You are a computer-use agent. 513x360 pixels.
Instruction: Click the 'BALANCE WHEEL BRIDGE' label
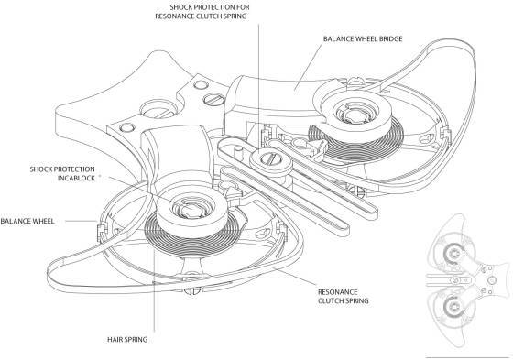(363, 39)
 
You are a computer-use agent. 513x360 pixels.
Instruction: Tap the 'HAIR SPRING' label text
(127, 340)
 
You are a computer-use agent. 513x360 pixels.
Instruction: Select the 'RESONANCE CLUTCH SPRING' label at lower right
(344, 296)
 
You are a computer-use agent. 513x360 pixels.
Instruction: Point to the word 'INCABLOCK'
(77, 178)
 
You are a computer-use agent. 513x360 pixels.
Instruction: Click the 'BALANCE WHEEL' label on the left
(27, 222)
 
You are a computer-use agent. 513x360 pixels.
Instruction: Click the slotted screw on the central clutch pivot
(270, 159)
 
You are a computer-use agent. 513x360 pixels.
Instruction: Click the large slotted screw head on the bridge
(214, 99)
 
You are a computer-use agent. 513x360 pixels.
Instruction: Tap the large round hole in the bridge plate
(158, 110)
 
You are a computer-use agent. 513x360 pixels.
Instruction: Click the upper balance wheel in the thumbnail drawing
(454, 253)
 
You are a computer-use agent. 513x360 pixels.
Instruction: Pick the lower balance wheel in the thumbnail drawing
(454, 309)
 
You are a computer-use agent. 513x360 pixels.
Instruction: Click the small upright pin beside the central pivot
(239, 152)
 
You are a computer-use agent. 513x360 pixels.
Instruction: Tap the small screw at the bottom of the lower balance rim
(192, 291)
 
